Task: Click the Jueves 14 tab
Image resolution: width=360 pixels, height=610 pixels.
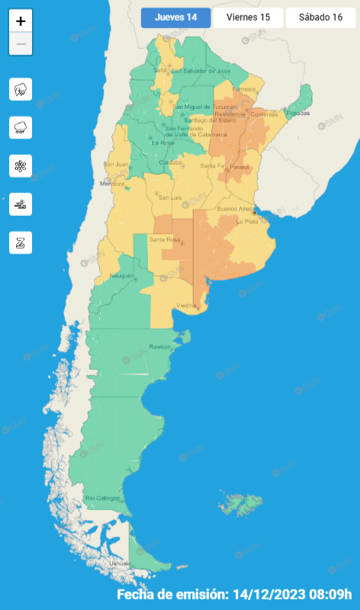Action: point(175,18)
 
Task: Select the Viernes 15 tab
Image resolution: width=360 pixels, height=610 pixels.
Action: point(248,18)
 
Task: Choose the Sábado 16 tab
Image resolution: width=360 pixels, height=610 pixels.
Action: point(321,18)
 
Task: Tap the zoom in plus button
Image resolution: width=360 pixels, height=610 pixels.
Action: point(21,21)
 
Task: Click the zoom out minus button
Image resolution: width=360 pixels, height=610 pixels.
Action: point(21,44)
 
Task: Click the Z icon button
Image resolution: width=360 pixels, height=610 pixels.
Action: point(21,242)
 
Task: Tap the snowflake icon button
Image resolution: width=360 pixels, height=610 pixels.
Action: point(21,165)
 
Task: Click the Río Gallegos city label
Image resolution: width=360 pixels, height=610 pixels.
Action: point(102,498)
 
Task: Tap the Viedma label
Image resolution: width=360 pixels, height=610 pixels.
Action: point(187,305)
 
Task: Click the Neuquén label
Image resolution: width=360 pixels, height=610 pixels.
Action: point(122,275)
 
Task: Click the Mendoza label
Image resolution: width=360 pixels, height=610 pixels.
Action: point(112,184)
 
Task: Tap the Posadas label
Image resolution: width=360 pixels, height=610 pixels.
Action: point(300,113)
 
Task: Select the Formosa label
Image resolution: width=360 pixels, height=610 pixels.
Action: point(244,89)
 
